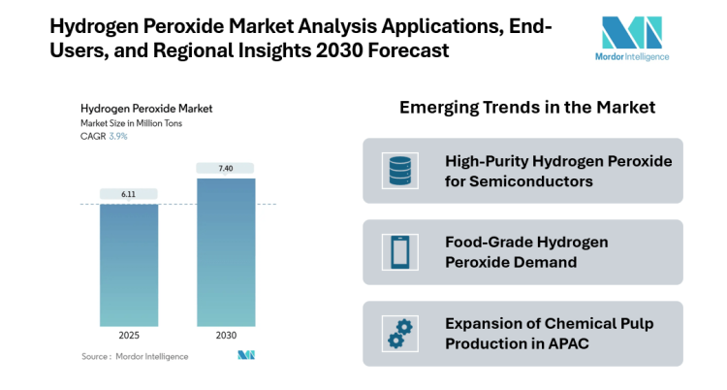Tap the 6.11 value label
[x=129, y=194]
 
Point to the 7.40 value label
[x=226, y=168]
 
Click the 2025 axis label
[x=129, y=335]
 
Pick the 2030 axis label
[x=226, y=335]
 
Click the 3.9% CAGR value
[x=118, y=137]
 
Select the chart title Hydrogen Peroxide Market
[x=145, y=108]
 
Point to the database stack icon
[x=399, y=171]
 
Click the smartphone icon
[x=399, y=252]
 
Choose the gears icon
[x=399, y=333]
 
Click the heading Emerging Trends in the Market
[x=527, y=108]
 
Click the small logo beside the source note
[x=245, y=356]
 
